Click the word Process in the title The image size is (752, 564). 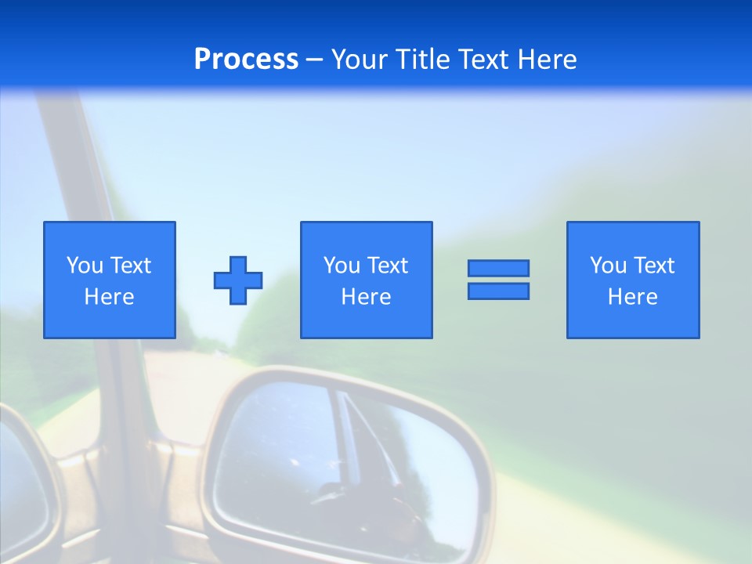pos(246,60)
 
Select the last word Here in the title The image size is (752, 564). pos(547,60)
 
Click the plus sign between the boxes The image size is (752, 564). pos(238,280)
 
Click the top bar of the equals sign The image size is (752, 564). pos(498,268)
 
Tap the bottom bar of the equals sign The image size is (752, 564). pos(498,291)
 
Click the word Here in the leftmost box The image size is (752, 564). pos(109,297)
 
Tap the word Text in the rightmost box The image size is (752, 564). pos(653,266)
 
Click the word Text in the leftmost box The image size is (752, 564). pos(130,266)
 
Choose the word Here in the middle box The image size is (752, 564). pos(366,297)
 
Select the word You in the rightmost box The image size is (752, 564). pos(608,266)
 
